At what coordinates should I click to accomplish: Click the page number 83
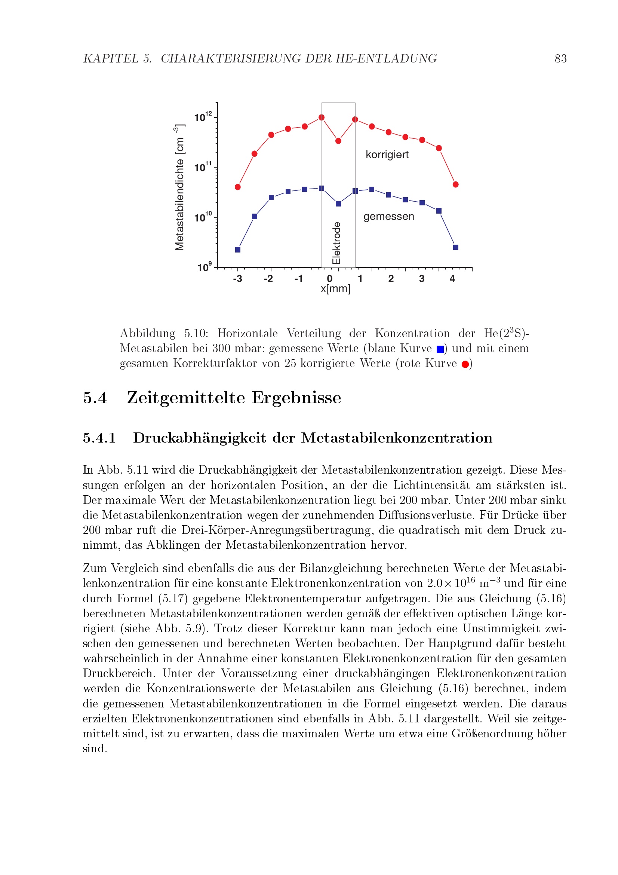click(x=560, y=59)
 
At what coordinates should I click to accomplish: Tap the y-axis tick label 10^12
click(x=203, y=117)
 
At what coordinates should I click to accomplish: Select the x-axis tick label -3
click(x=238, y=279)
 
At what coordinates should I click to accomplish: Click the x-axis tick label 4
click(x=452, y=279)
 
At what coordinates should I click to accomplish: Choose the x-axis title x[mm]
click(x=335, y=289)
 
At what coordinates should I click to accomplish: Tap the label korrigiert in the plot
click(x=387, y=155)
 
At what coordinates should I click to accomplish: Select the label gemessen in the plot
click(x=388, y=217)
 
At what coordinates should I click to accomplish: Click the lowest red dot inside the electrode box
click(x=338, y=141)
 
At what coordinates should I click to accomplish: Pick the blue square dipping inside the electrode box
click(x=338, y=204)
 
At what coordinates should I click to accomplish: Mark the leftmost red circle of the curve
click(x=238, y=187)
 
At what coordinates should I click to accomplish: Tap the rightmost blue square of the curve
click(x=456, y=247)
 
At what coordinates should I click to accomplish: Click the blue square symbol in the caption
click(x=440, y=349)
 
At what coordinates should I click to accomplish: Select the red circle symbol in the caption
click(x=465, y=364)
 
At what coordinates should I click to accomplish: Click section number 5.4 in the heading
click(x=95, y=398)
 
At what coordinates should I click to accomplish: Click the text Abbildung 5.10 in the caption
click(x=164, y=333)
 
